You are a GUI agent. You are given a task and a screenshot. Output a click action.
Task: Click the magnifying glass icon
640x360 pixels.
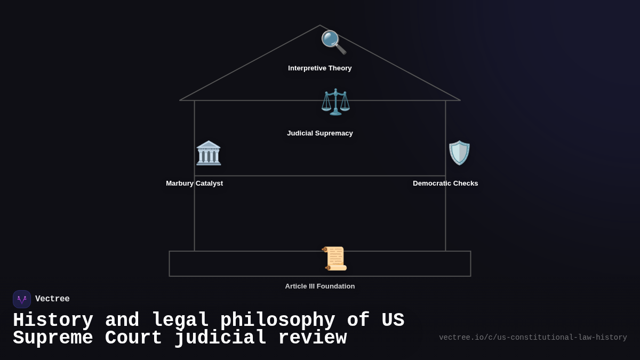tap(333, 42)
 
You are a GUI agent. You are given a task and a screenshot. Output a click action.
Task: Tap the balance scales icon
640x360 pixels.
tap(335, 102)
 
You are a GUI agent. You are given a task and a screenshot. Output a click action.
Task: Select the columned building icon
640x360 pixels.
tap(209, 153)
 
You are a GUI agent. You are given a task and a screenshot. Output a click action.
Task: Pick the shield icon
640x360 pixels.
tap(459, 153)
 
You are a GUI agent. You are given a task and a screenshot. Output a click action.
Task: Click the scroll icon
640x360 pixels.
tap(335, 259)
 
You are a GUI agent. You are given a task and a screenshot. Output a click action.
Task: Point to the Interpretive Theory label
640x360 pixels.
tap(320, 68)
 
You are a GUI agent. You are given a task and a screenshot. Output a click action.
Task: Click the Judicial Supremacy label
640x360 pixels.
tap(320, 133)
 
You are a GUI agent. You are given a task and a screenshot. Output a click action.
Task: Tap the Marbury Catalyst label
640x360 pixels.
tap(194, 183)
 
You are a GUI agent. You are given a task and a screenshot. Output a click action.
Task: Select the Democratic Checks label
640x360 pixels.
tap(445, 183)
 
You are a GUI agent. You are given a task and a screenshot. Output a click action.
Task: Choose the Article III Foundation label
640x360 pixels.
tap(320, 286)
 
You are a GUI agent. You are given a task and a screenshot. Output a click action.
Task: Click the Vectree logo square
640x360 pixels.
tap(22, 299)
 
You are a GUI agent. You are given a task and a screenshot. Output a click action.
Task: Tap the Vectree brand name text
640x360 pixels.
tap(52, 299)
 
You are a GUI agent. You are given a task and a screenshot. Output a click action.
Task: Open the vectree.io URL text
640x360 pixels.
tap(533, 338)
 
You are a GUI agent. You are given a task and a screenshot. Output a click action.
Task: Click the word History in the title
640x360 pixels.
tap(53, 321)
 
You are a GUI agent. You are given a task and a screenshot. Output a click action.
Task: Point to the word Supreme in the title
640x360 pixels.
tap(53, 338)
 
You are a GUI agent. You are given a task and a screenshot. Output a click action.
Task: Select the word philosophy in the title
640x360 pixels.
tap(277, 321)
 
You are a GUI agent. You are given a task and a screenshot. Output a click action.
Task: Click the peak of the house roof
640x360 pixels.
tap(320, 26)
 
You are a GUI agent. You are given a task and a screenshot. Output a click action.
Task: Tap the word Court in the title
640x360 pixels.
tap(133, 338)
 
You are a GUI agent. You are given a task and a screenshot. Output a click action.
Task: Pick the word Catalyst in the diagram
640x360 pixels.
tap(210, 183)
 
